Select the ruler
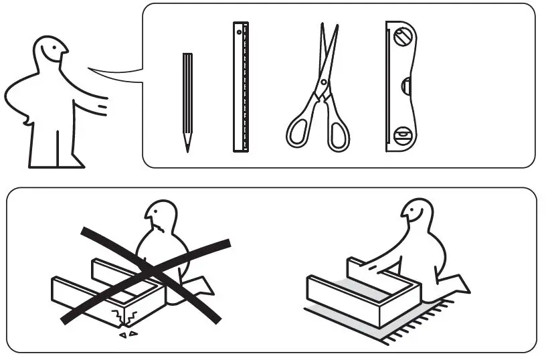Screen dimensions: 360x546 click(x=241, y=87)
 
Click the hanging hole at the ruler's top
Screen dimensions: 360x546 click(x=238, y=32)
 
